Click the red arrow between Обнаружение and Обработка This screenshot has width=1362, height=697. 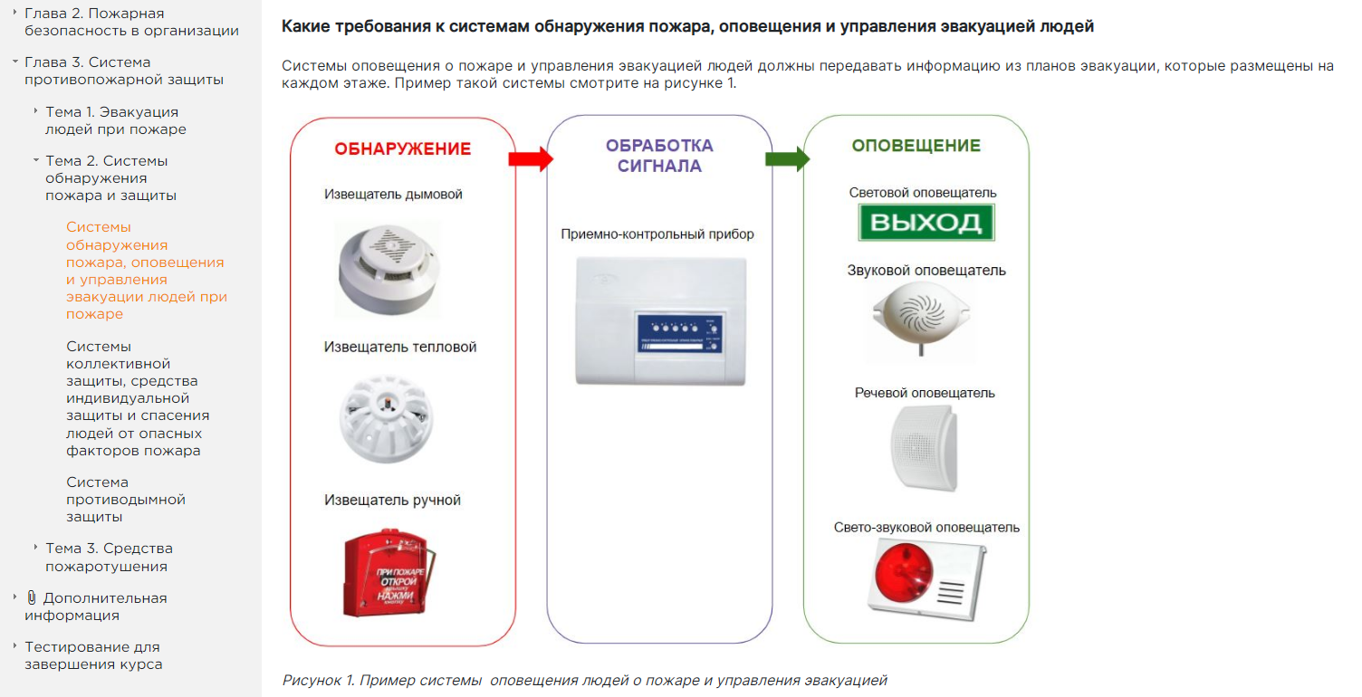coord(530,159)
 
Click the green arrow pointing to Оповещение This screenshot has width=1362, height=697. coord(786,159)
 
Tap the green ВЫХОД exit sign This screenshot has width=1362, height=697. coord(926,223)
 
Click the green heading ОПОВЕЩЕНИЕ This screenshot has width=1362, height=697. coord(916,146)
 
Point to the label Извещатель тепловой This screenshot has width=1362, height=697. coord(400,347)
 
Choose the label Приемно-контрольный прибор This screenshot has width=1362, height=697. coord(657,234)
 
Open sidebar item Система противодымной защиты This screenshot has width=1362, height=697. coord(126,499)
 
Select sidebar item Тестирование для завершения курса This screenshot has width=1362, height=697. coord(93,655)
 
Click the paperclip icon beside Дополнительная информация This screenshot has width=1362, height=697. coord(32,597)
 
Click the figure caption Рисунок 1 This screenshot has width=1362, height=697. coord(584,680)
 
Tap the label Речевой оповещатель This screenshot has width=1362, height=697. coord(925,393)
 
